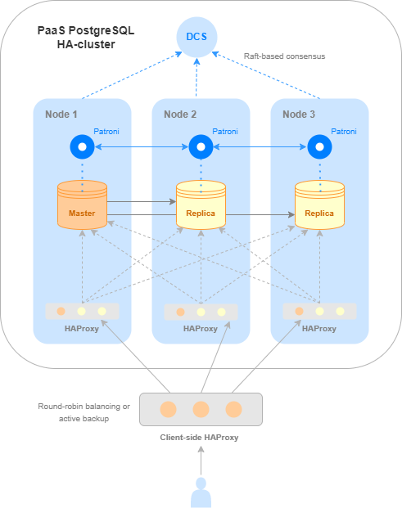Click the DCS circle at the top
[196, 37]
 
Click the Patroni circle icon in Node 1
[82, 147]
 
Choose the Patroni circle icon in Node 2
[201, 147]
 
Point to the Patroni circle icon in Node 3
[319, 147]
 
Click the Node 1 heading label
[62, 115]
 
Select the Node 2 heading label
[181, 115]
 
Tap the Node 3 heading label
[299, 115]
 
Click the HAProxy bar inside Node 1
[82, 311]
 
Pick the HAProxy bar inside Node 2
[201, 311]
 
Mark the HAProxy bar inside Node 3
[319, 311]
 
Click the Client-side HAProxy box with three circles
[201, 408]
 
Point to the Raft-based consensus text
[284, 56]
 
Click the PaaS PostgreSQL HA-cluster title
[85, 37]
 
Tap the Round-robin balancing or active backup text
[84, 412]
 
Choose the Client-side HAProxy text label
[201, 438]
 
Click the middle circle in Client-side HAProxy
[201, 408]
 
